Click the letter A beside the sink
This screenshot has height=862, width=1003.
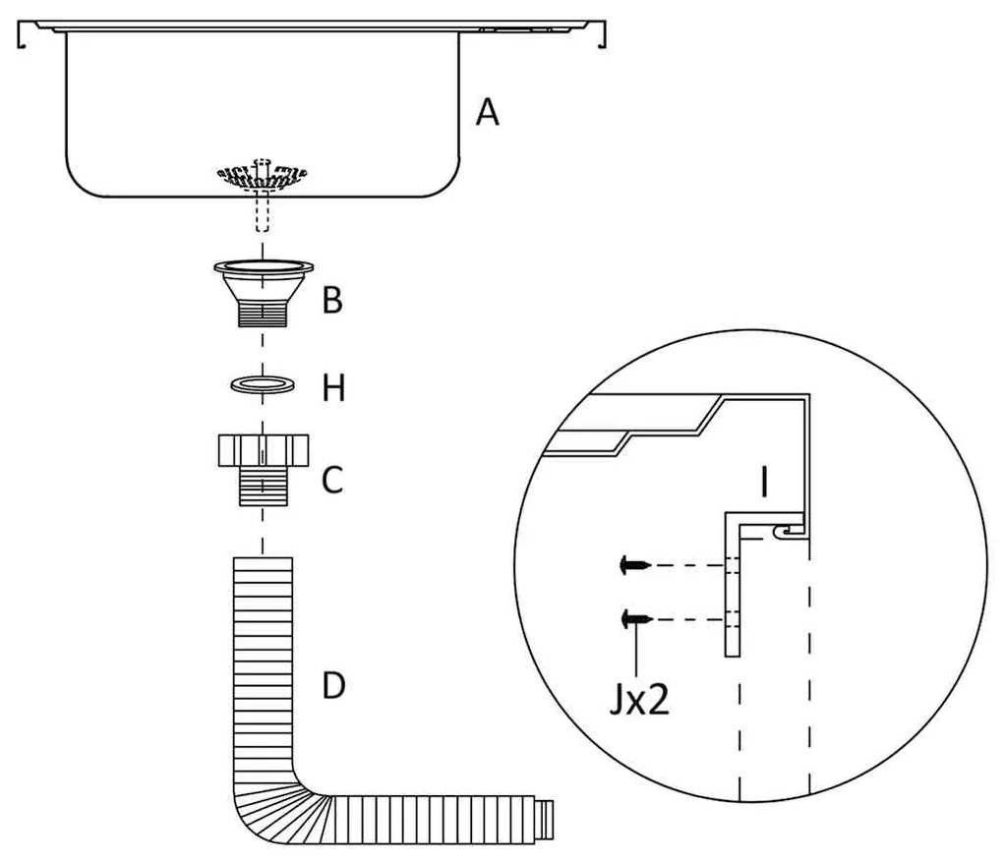487,114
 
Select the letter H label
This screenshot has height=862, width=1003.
334,389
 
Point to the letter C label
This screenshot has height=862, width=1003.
332,481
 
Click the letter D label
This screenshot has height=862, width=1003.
334,685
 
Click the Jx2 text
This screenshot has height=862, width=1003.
638,702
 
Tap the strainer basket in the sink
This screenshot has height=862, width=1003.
261,175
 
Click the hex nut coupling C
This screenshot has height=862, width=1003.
263,451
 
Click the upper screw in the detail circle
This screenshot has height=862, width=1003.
633,565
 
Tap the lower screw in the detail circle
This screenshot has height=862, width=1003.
633,618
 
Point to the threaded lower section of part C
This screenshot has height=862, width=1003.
263,488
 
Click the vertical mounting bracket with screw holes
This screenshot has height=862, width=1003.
733,590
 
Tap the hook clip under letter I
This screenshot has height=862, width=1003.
784,531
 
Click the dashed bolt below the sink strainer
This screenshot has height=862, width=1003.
262,211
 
